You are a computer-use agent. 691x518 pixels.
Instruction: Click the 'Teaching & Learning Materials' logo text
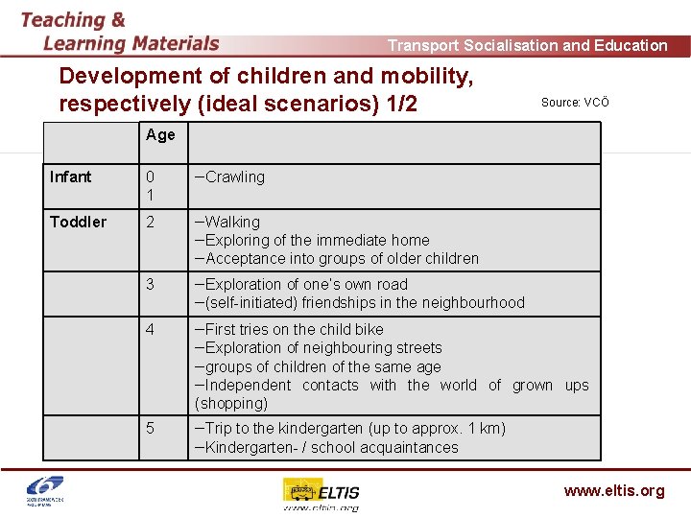120,32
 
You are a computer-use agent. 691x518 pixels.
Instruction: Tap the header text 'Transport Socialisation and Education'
527,45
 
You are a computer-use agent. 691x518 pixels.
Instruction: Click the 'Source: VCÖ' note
575,103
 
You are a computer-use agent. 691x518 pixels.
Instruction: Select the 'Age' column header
160,135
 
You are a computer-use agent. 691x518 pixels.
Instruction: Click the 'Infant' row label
71,177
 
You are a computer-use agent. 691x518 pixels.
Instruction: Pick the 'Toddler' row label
78,222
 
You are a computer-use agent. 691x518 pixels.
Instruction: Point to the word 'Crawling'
233,177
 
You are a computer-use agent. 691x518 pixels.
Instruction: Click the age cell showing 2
150,222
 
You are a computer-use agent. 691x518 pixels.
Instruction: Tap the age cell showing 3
150,285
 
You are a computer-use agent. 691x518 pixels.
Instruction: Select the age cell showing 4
150,330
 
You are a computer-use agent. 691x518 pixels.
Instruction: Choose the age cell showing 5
150,429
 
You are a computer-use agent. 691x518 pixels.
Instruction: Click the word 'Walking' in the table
231,222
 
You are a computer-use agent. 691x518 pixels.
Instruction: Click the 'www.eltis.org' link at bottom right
613,491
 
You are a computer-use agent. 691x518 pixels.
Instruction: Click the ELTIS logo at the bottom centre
321,494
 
